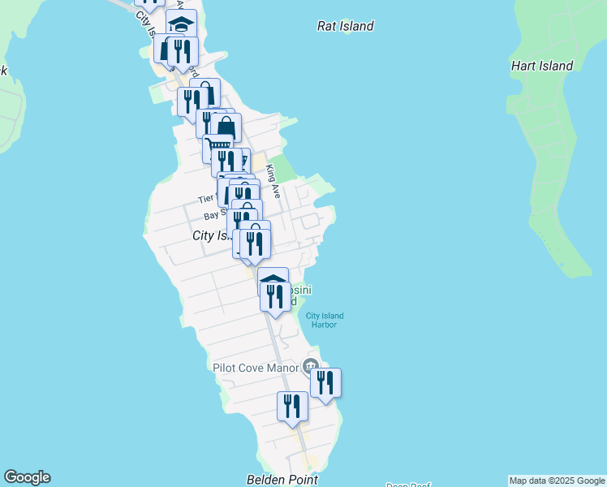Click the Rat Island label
coord(345,26)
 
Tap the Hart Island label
coord(542,66)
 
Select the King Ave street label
coord(273,180)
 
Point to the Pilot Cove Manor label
coord(256,368)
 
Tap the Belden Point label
coord(282,480)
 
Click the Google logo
coord(27,477)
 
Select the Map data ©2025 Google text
coord(557,481)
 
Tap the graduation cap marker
coord(182,23)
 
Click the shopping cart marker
coord(217,148)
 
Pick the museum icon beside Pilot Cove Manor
coord(310,366)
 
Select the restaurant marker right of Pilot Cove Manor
coord(325,382)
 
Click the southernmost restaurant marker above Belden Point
coord(292,406)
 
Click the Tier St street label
coord(206,199)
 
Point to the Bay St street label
coord(213,215)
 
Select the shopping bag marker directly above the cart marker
coord(226,127)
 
